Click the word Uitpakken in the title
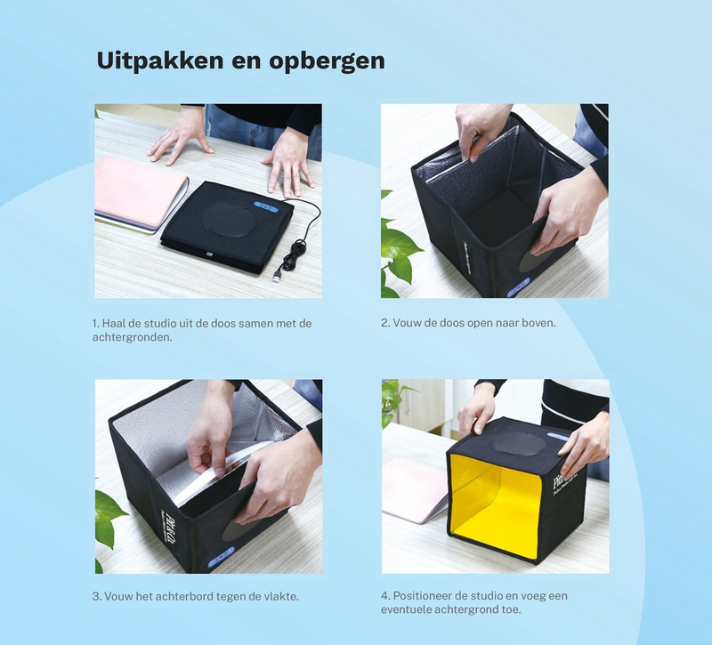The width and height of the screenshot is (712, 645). point(159,60)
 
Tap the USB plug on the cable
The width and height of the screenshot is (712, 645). point(276,276)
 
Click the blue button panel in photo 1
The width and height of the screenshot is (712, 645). point(265,206)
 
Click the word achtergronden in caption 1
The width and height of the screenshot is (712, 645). point(132,338)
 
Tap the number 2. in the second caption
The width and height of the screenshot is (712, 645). point(385,323)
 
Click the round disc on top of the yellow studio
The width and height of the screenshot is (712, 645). point(519,442)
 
